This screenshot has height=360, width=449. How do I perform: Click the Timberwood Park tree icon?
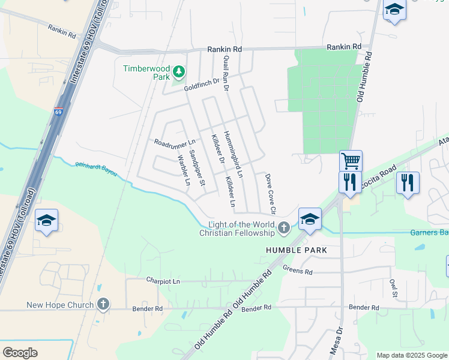click(178, 73)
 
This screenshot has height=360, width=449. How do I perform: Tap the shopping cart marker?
click(351, 160)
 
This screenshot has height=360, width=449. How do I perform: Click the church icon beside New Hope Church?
click(103, 304)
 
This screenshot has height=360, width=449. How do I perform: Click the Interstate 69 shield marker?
click(58, 112)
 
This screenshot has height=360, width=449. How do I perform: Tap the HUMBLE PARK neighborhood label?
click(297, 250)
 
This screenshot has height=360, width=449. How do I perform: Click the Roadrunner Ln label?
click(175, 143)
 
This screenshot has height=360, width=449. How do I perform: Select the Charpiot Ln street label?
click(163, 280)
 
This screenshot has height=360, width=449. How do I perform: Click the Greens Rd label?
click(298, 272)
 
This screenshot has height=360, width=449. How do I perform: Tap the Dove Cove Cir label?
click(270, 194)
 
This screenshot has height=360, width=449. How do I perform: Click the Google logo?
click(20, 353)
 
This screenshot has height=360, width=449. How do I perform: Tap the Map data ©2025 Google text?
click(412, 355)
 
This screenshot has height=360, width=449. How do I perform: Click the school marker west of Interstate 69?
click(46, 220)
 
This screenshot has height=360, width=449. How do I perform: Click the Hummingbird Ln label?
click(232, 155)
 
